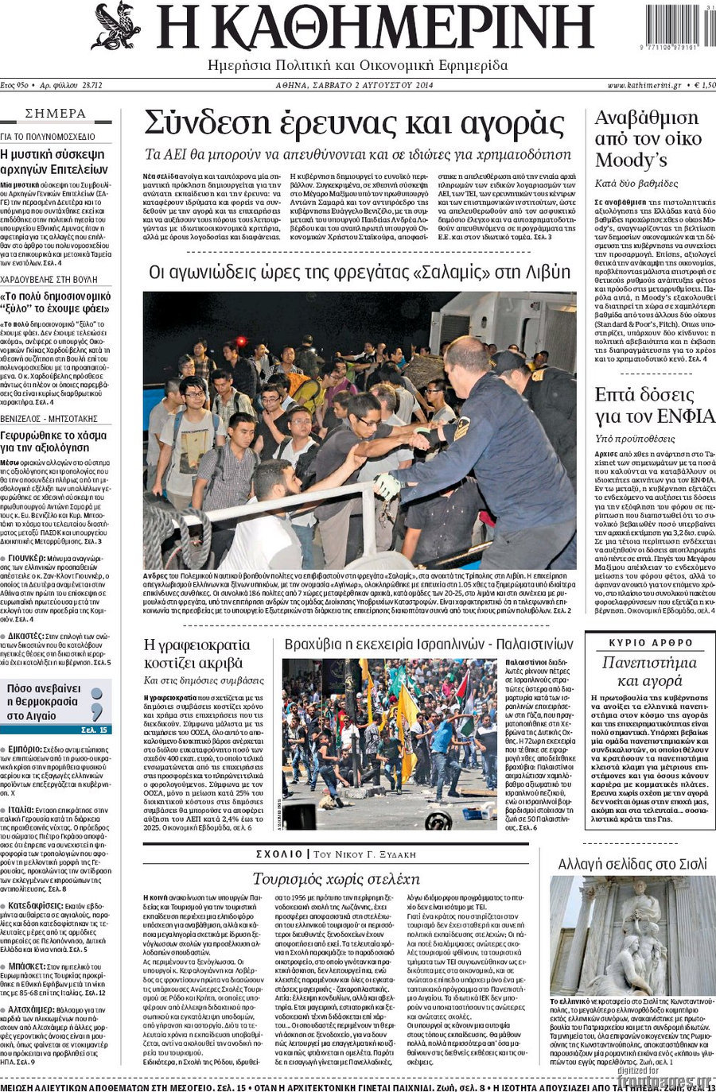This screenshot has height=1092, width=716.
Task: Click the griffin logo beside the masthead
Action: [x=116, y=25]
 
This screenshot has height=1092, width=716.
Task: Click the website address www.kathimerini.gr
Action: [x=644, y=85]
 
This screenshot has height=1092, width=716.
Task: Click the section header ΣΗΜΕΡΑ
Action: [x=56, y=114]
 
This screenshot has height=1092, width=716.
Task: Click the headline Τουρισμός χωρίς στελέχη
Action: [x=335, y=878]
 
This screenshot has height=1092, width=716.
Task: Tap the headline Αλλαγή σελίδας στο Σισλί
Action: [x=632, y=864]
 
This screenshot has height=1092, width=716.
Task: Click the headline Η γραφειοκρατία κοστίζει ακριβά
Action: [x=197, y=652]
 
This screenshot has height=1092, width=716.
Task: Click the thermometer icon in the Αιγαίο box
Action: [x=97, y=703]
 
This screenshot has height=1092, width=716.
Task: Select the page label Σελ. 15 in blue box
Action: [x=94, y=729]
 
